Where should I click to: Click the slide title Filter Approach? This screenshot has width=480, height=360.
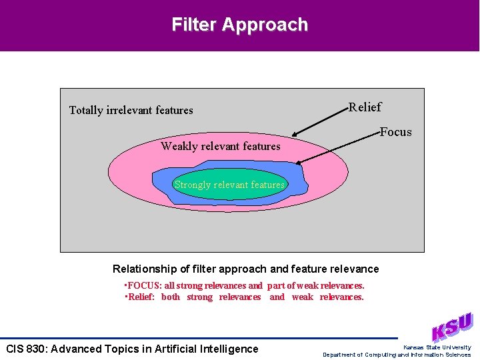[240, 25]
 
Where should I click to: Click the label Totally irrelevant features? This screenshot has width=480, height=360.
[131, 110]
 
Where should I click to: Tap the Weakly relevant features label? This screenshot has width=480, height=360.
[221, 146]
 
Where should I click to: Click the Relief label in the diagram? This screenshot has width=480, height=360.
[365, 107]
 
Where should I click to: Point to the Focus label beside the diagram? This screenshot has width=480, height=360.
[396, 131]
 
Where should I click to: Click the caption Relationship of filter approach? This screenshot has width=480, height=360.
[245, 269]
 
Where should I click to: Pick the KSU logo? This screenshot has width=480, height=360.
[452, 327]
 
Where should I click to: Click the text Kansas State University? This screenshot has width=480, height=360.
[437, 347]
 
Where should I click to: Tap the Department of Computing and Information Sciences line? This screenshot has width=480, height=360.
[397, 355]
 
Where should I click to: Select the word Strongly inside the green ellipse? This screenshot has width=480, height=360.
[192, 185]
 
